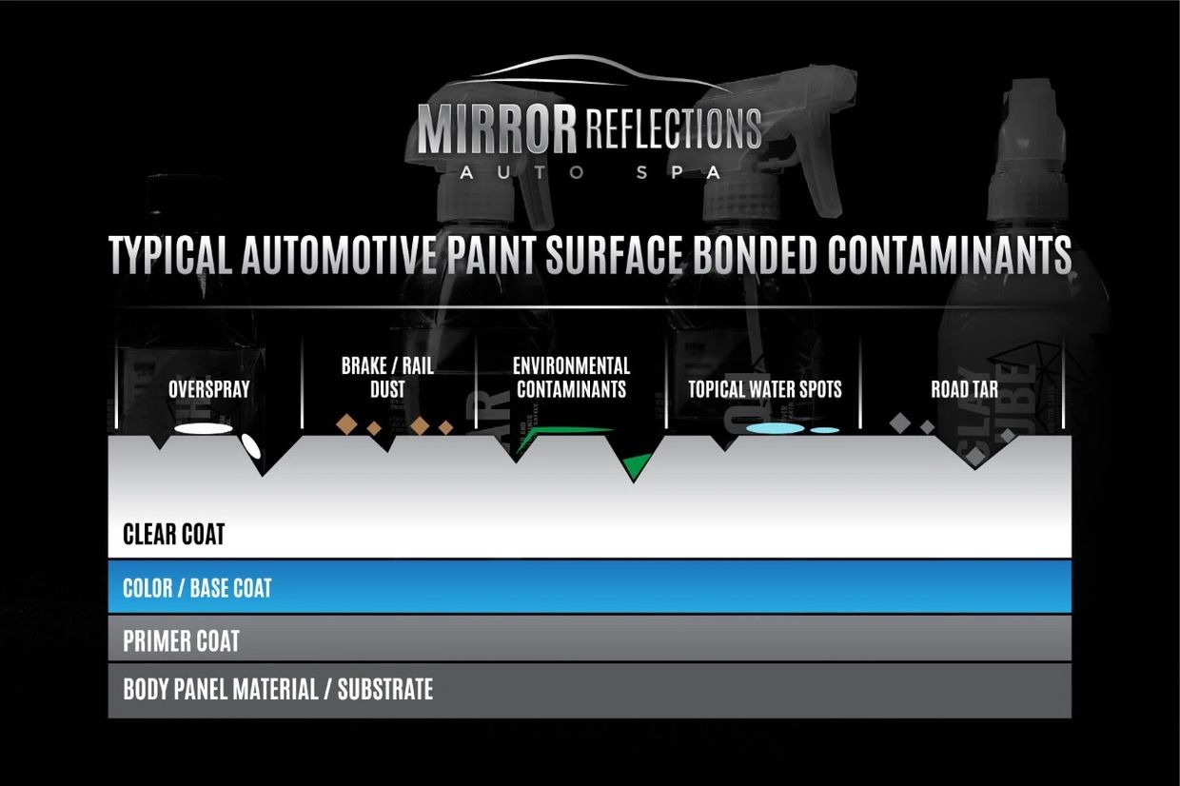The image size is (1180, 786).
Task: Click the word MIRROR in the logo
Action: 497,129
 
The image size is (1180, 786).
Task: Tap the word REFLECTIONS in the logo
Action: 674,128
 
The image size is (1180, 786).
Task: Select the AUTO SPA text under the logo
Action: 589,173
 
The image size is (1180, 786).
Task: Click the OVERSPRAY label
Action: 208,389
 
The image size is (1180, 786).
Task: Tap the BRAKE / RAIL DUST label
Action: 387,378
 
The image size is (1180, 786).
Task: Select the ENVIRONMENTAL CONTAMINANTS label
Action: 571,378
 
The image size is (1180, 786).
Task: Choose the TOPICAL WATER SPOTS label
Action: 765,389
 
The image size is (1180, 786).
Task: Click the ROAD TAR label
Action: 964,389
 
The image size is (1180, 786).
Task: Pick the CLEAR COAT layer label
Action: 174,534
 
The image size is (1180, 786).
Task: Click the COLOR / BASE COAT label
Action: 197,588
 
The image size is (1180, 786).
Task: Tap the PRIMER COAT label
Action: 181,641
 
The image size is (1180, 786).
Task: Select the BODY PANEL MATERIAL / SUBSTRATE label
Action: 278,689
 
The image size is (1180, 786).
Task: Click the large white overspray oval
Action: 204,429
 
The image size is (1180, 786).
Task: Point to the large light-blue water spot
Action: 775,429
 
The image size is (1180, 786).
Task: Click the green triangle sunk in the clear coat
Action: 636,465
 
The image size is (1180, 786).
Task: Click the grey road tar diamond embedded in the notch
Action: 975,456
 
